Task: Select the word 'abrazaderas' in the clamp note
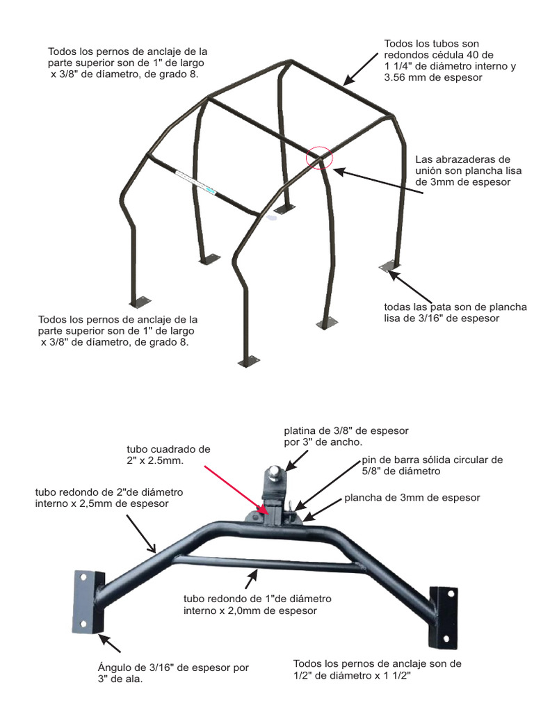(x=465, y=159)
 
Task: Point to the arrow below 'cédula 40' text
(x=361, y=69)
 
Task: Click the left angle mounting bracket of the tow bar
(x=88, y=601)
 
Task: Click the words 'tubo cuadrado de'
(x=168, y=450)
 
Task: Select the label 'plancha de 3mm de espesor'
(x=412, y=498)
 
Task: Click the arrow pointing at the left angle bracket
(x=110, y=643)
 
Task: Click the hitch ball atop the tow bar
(x=276, y=472)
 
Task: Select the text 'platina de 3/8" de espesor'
(x=346, y=430)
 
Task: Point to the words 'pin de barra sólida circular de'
(x=432, y=460)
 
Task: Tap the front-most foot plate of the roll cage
(x=249, y=362)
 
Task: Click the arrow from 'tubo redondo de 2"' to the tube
(x=141, y=533)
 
